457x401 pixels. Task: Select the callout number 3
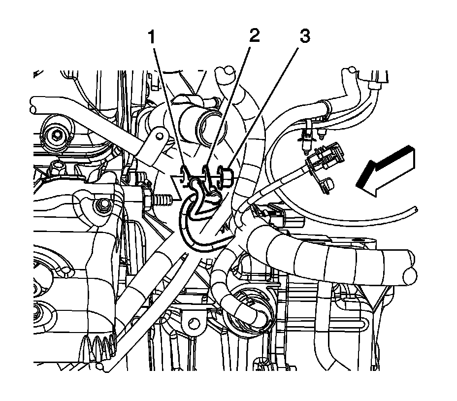(305, 37)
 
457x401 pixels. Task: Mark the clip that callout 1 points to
(185, 173)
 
